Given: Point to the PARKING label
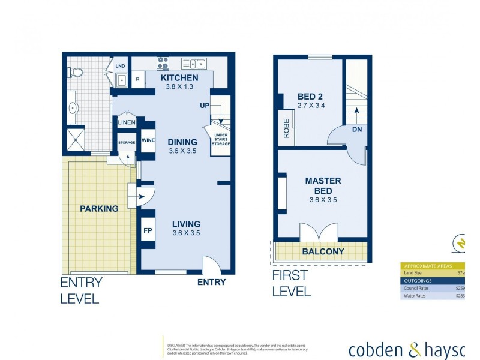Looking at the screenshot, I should click(x=100, y=209).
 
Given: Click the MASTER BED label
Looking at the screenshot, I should click(x=323, y=185).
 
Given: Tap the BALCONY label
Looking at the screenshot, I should click(x=323, y=252).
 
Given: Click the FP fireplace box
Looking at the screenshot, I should click(x=148, y=230).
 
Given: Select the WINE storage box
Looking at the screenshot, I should click(x=148, y=140).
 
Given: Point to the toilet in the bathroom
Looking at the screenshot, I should click(x=76, y=72).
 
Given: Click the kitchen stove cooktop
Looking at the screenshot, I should click(x=163, y=63).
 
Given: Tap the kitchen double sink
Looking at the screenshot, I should click(x=194, y=63).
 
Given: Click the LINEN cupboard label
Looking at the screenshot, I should click(x=127, y=123).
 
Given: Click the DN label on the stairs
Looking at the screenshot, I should click(x=356, y=129).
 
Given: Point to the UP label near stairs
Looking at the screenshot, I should click(x=205, y=106).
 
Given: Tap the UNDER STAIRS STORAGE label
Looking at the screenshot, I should click(x=221, y=139).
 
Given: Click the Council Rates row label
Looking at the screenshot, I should click(x=419, y=287).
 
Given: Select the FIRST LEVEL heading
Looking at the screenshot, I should click(x=292, y=283).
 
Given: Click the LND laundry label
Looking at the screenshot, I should click(x=121, y=66).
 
